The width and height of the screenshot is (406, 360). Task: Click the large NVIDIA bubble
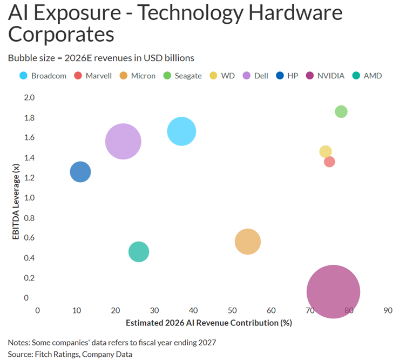pyautogui.click(x=333, y=291)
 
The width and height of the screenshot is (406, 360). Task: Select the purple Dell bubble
pyautogui.click(x=123, y=142)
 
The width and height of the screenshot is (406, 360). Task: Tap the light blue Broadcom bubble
pyautogui.click(x=181, y=131)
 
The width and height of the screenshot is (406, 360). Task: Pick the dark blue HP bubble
pyautogui.click(x=80, y=172)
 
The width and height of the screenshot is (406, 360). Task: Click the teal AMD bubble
pyautogui.click(x=139, y=251)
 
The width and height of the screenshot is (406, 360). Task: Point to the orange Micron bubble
pyautogui.click(x=248, y=242)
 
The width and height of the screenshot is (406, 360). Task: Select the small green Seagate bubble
pyautogui.click(x=341, y=111)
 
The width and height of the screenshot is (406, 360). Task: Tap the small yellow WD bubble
pyautogui.click(x=326, y=151)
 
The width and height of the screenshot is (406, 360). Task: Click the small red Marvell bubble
pyautogui.click(x=329, y=162)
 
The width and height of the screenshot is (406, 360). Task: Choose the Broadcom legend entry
pyautogui.click(x=43, y=76)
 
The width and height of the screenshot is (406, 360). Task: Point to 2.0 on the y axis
pyautogui.click(x=29, y=97)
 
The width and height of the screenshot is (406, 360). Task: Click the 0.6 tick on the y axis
pyautogui.click(x=29, y=238)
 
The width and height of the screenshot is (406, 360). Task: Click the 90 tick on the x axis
pyautogui.click(x=388, y=311)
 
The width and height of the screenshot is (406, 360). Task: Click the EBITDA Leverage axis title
pyautogui.click(x=16, y=197)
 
